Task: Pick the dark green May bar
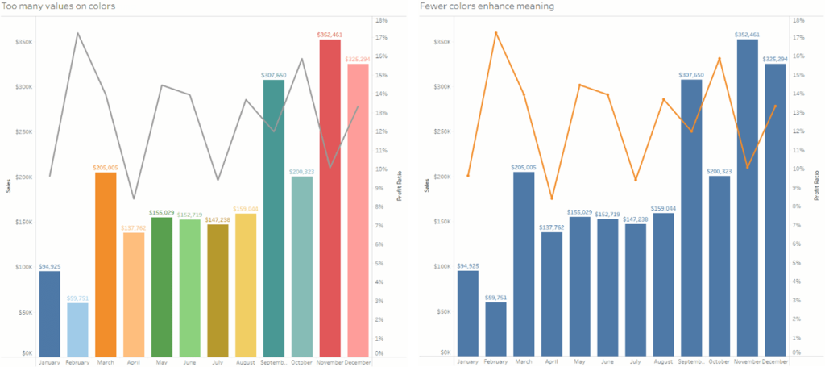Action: [162, 286]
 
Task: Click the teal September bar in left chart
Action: [274, 218]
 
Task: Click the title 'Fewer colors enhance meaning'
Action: [487, 6]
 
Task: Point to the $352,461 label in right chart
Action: [747, 35]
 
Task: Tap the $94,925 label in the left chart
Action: [49, 266]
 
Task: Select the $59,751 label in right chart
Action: [495, 297]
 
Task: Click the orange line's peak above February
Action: [495, 33]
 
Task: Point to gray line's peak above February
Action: [77, 33]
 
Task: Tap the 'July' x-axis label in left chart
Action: [218, 362]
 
